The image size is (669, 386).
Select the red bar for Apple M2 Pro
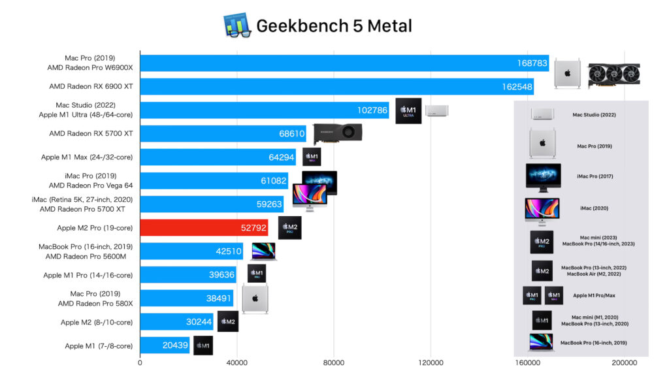(204, 228)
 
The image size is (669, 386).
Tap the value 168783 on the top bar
(530, 63)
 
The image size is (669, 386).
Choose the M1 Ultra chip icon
(408, 110)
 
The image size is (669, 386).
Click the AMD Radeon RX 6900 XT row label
(91, 86)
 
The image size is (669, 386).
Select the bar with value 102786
(265, 110)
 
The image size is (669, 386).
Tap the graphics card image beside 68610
(338, 133)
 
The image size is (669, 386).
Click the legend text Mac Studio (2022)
(594, 115)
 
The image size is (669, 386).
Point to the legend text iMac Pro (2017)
(595, 176)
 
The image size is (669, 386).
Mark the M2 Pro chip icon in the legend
(542, 242)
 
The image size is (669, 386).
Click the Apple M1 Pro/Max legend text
(594, 295)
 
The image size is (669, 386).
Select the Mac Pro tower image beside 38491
(255, 299)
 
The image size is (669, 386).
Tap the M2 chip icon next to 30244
(227, 321)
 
